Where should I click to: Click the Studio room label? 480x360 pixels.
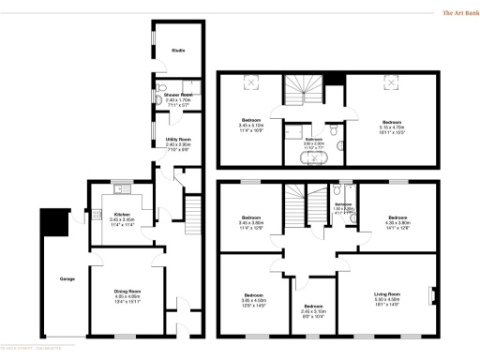pos(177,50)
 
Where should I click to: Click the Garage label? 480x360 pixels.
pos(67,278)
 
